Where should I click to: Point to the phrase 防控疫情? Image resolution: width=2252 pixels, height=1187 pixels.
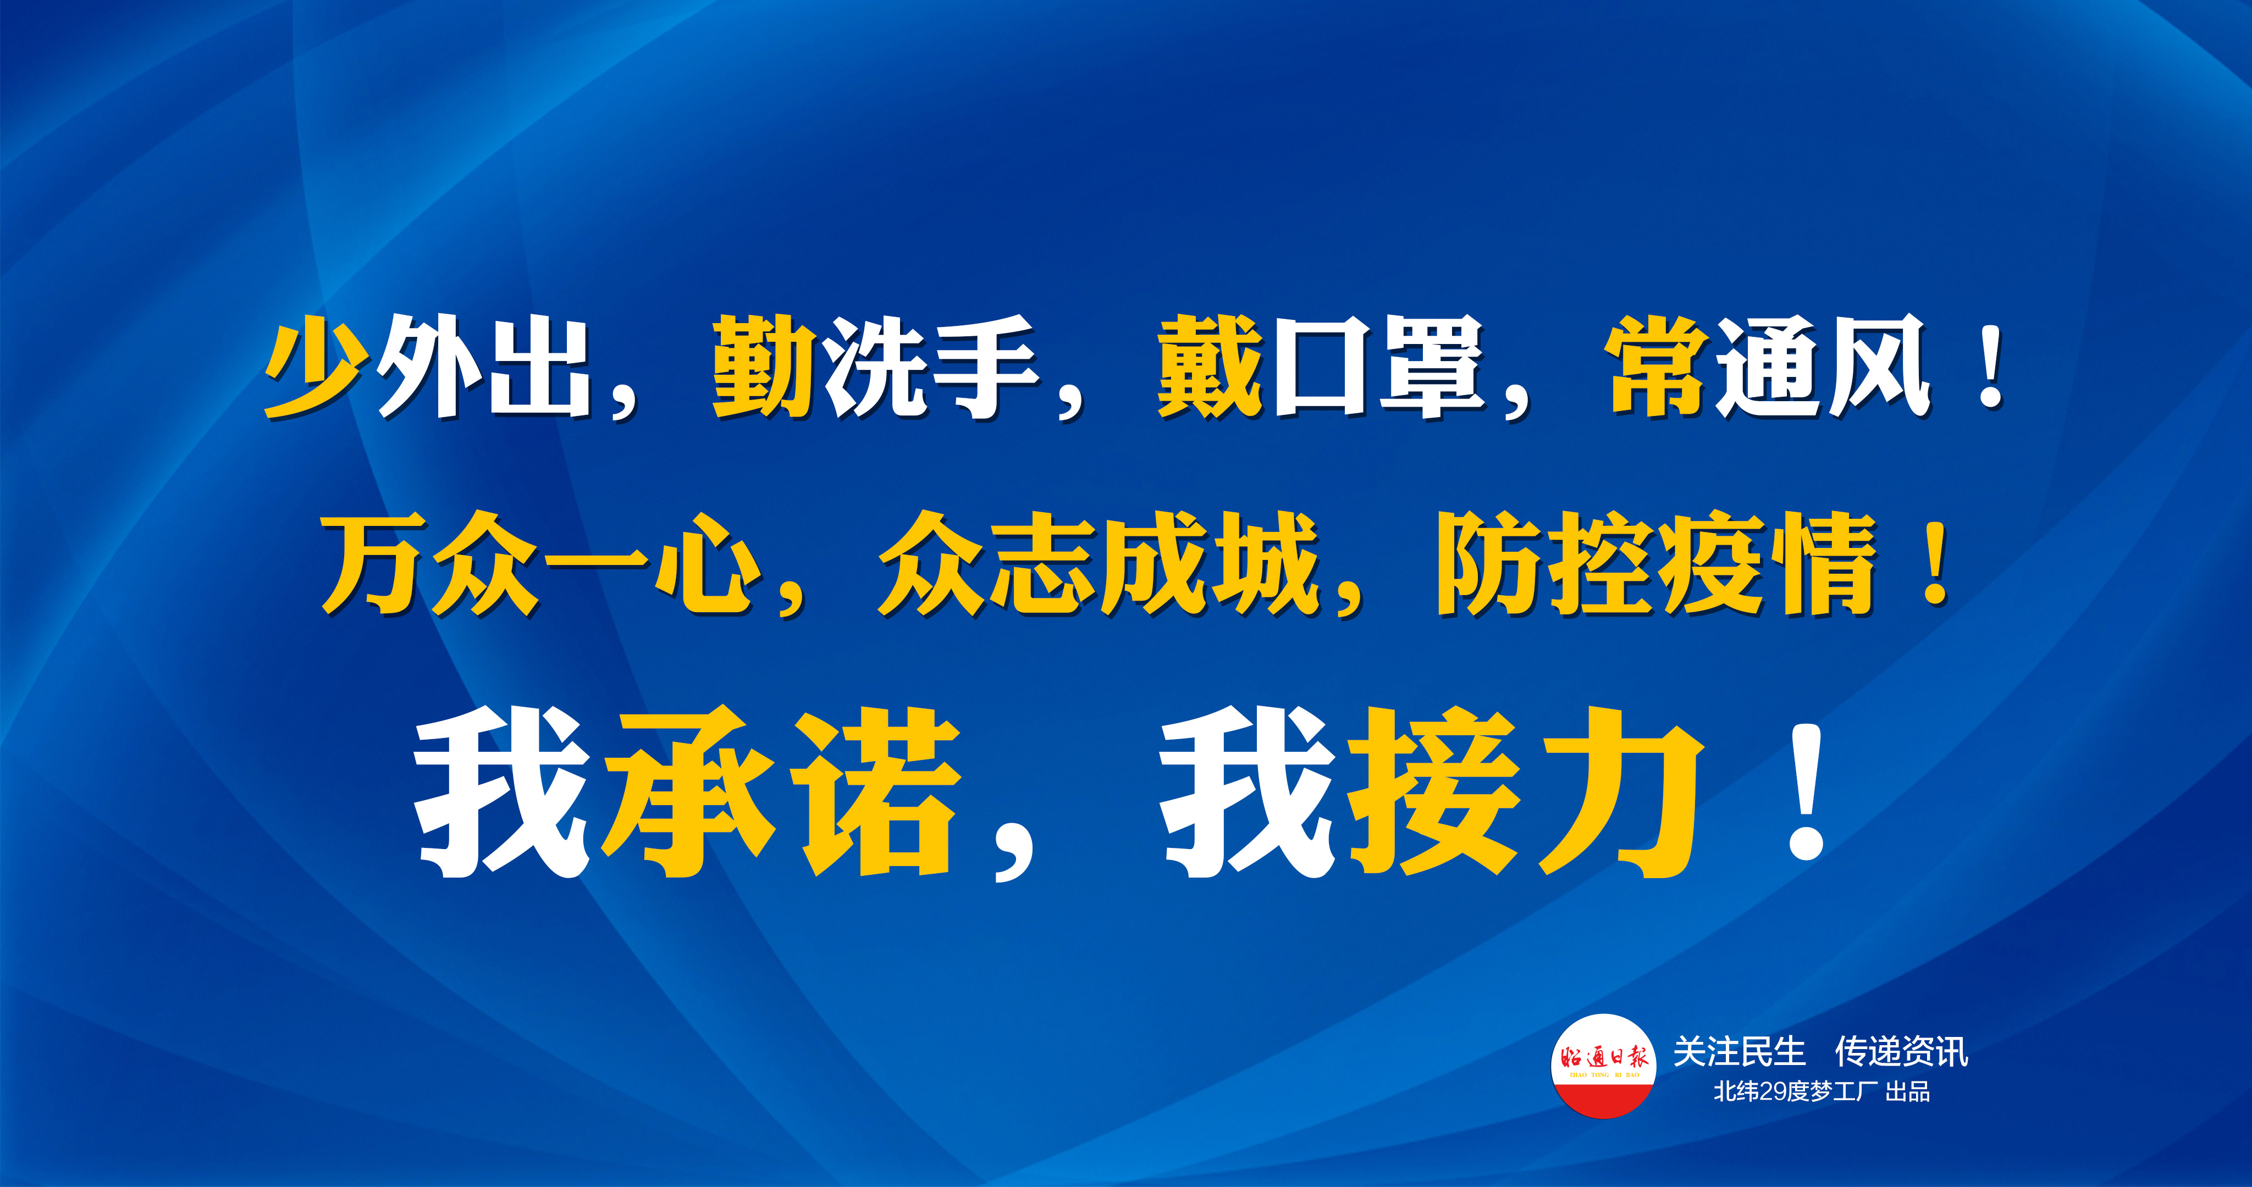click(x=1657, y=564)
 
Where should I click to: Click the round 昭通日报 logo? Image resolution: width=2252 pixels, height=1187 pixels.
click(x=1603, y=1066)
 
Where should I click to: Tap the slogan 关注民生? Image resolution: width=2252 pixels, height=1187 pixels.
click(x=1739, y=1051)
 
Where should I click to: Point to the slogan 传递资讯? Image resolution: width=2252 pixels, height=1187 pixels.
click(x=1901, y=1051)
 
